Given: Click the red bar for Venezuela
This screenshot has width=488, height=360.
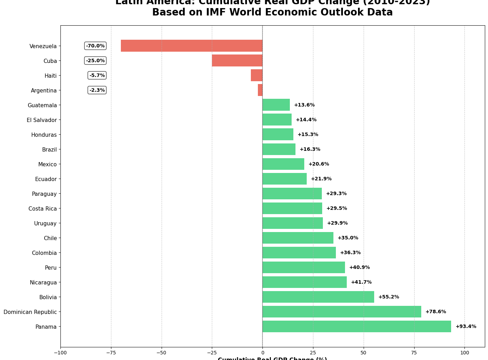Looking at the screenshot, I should coord(191,46).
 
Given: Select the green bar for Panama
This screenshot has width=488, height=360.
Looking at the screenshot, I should coord(357,326).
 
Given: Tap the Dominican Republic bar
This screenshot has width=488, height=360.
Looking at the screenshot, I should coord(341,311).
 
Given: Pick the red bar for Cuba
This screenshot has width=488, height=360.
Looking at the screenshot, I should coord(237,60).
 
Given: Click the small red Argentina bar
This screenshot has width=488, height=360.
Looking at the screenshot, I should coord(260,90).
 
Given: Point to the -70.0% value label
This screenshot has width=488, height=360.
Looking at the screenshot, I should coord(95,46).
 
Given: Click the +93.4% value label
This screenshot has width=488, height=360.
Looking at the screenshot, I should coord(466,326).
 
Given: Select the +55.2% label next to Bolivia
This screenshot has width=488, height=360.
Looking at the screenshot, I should coord(388,297).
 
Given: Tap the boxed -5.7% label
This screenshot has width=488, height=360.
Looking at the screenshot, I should coord(97,75).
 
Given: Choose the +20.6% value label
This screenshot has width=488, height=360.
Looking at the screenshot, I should coord(318,164).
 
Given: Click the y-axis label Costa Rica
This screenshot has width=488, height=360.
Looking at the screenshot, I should coord(43,208).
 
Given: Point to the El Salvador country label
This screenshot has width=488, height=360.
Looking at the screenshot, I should coord(41,120).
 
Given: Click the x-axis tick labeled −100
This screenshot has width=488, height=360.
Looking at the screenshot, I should coord(60,352).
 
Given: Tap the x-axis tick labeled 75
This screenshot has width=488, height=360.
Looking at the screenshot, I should coord(414,352).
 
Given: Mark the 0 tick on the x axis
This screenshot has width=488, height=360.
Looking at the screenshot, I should coord(262,352).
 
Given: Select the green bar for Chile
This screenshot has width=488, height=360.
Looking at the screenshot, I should coord(298,238).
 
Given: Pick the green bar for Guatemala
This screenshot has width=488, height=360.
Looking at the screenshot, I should coord(276,105).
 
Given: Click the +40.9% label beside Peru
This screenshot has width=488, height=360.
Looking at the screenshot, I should coord(359,267).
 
